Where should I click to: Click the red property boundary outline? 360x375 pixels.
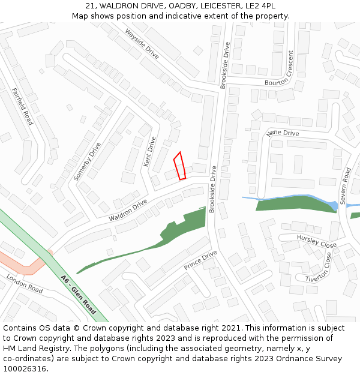(179, 166)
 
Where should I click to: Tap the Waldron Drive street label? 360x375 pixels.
(128, 210)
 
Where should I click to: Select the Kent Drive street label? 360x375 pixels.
(149, 151)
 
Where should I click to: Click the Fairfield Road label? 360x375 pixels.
(22, 106)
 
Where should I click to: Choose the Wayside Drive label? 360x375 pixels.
(142, 43)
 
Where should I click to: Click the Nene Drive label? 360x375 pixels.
(282, 133)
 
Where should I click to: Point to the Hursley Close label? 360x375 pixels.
(316, 241)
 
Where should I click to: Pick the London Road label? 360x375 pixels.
(25, 283)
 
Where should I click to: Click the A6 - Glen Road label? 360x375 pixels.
(79, 295)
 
